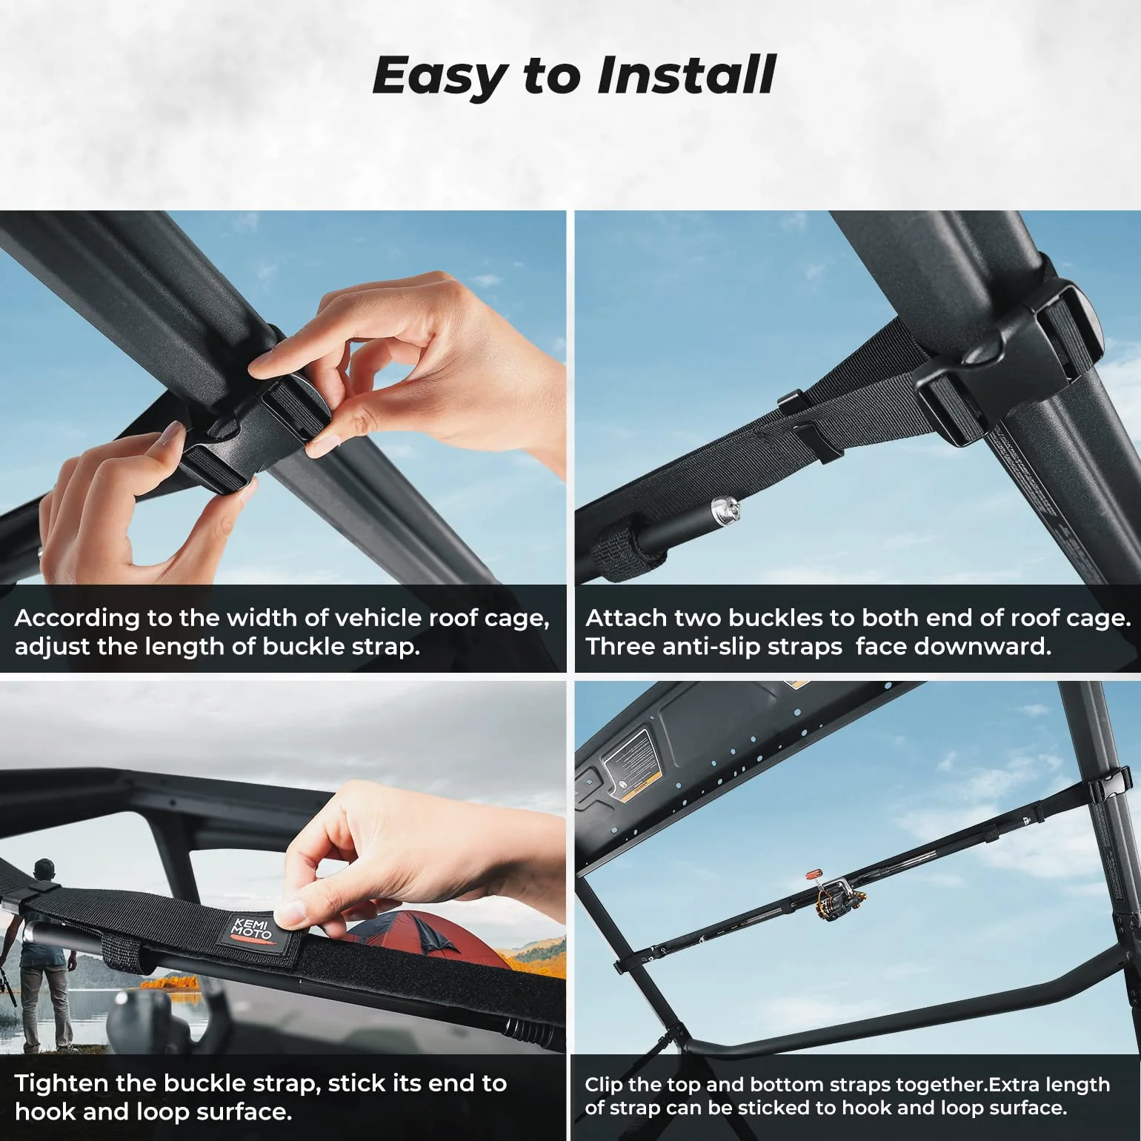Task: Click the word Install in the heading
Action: coord(685,76)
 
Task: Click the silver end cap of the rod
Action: coord(722,509)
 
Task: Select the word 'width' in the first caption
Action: coord(263,618)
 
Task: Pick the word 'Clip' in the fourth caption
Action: coord(603,1085)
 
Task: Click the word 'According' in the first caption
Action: coord(77,618)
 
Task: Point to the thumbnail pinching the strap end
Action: coord(293,910)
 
